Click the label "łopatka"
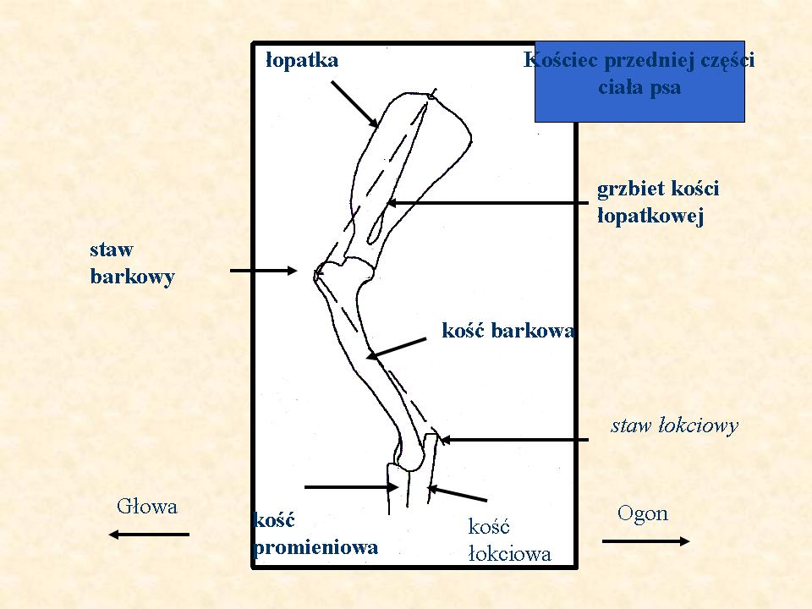click(302, 60)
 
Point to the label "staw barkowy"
click(132, 263)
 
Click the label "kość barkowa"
click(507, 331)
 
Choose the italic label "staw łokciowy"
click(674, 425)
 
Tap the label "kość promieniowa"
click(315, 534)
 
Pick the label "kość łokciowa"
click(509, 540)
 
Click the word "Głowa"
click(147, 507)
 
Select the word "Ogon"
click(643, 513)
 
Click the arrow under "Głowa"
click(149, 535)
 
